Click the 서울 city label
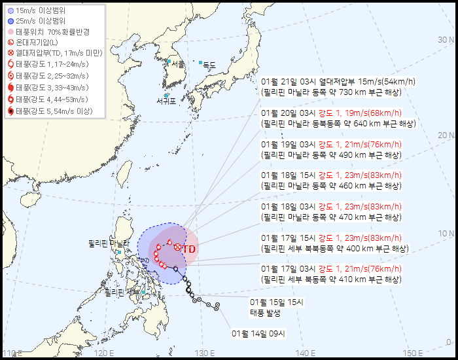pyautogui.click(x=178, y=64)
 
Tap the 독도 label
pyautogui.click(x=209, y=65)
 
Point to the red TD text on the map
pyautogui.click(x=189, y=249)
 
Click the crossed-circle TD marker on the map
pyautogui.click(x=177, y=247)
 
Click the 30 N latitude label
pyautogui.click(x=446, y=39)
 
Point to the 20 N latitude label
pyautogui.click(x=446, y=135)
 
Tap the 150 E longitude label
pyautogui.click(x=413, y=353)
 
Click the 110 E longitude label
pyautogui.click(x=12, y=353)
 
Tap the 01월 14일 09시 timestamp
pyautogui.click(x=258, y=334)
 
